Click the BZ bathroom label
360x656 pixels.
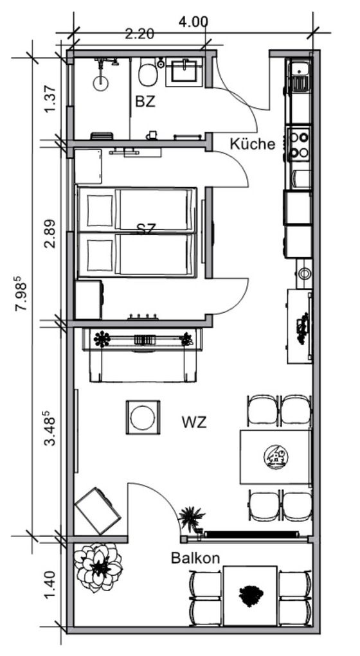coord(145,102)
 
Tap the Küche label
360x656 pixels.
coord(253,144)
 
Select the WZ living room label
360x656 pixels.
coord(194,422)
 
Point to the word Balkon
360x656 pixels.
coord(195,558)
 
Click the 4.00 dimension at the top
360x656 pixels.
coord(193,22)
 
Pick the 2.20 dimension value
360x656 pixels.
coord(139,34)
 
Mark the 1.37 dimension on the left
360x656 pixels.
coord(50,99)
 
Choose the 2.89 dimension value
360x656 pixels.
coord(50,234)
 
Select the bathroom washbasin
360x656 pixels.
coord(184,71)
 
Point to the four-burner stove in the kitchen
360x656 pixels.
coord(299,145)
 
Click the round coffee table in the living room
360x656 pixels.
coord(143,417)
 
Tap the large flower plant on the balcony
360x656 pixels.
coord(98,567)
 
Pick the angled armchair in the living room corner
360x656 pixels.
coord(98,511)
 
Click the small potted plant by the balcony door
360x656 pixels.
coord(192,519)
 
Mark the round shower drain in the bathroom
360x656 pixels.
coord(100,84)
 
